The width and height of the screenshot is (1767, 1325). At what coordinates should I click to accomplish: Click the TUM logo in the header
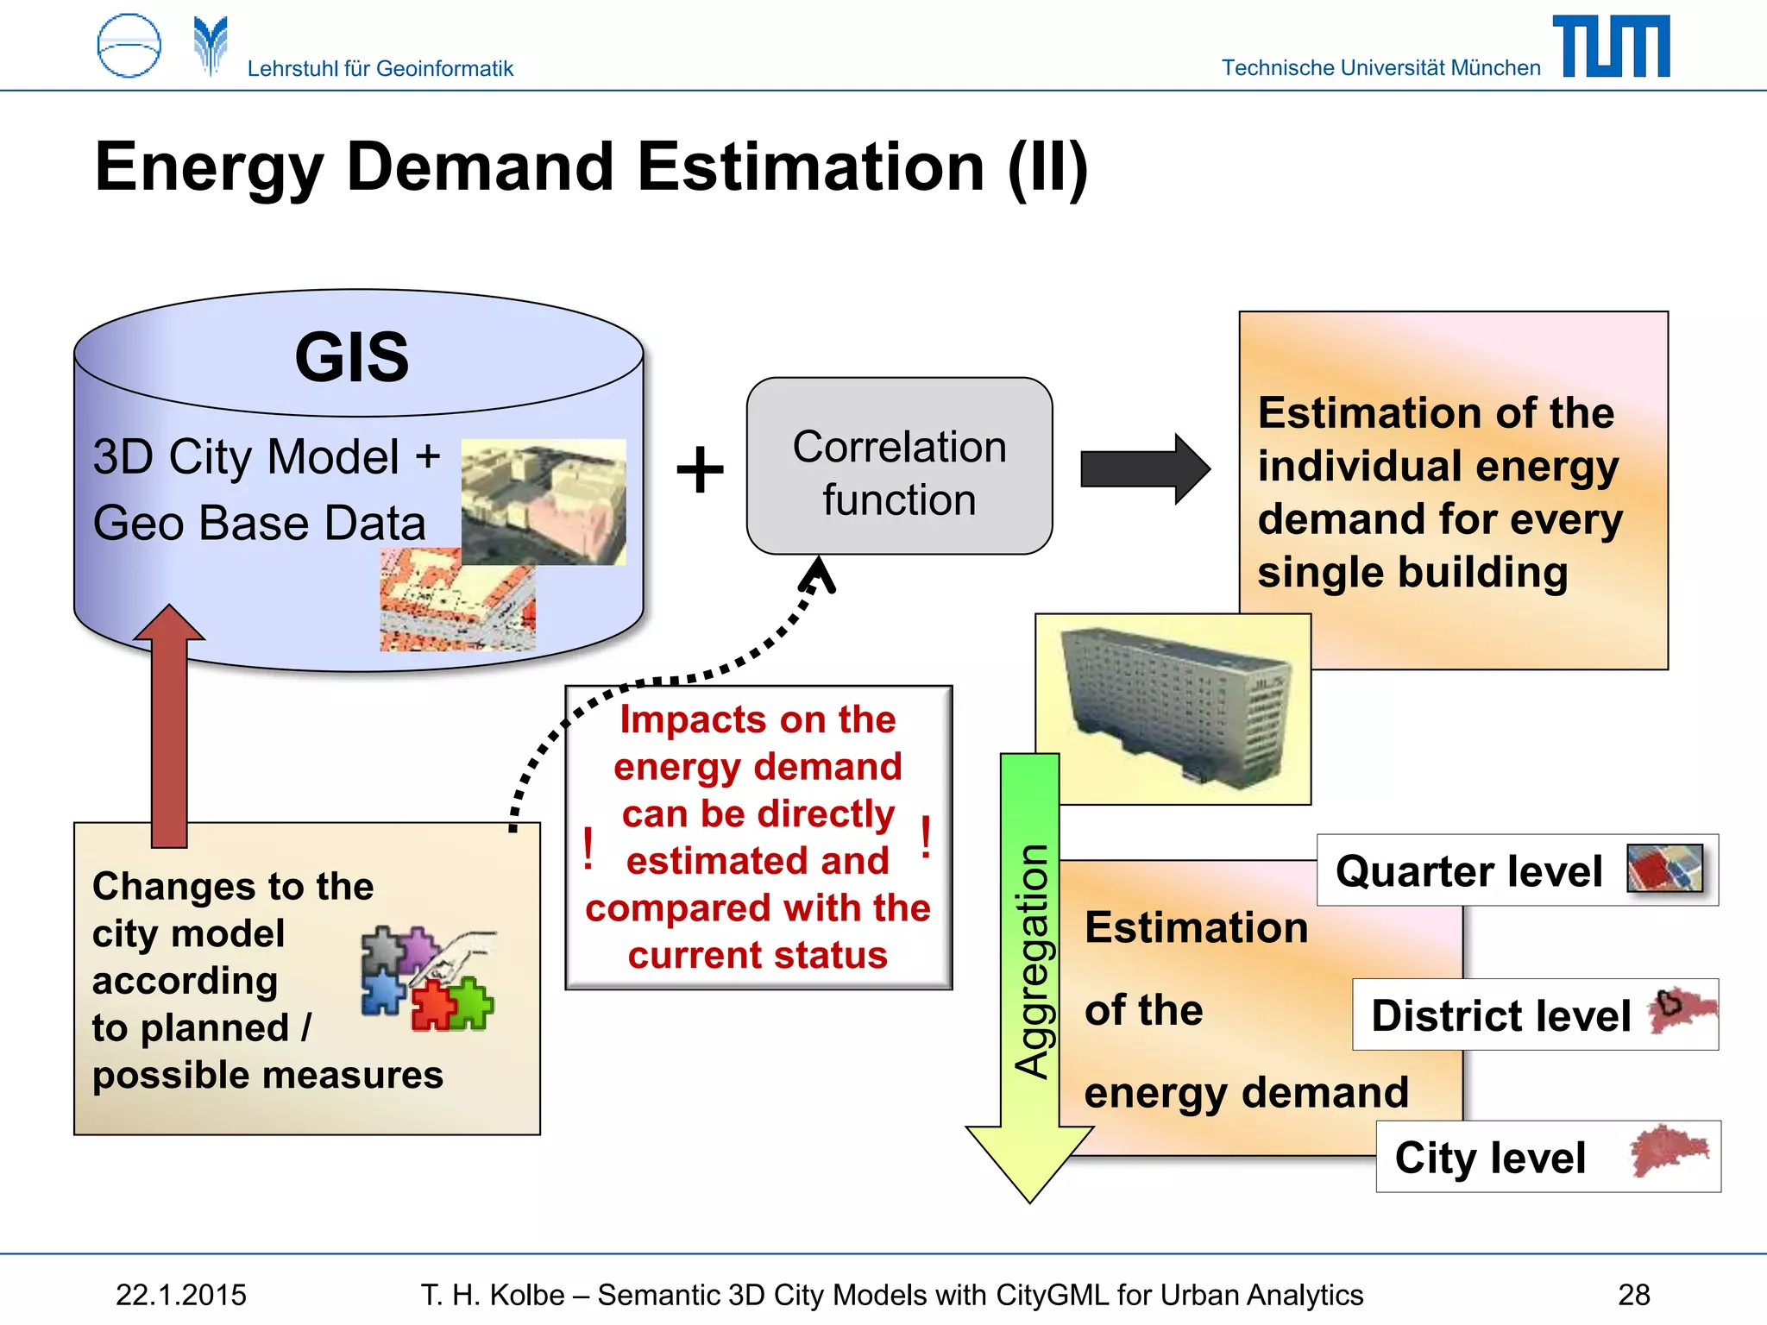click(1611, 47)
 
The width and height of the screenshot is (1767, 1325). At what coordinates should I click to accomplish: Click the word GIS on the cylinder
click(352, 357)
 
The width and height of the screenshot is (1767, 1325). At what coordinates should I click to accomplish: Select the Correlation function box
click(899, 466)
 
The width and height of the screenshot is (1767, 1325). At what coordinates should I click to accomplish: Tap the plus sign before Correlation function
click(700, 470)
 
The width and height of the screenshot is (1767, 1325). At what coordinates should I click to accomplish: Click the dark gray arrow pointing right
click(1144, 469)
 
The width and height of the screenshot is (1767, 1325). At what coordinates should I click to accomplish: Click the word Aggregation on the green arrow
click(1031, 961)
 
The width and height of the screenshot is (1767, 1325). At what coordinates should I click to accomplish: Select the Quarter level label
click(1469, 870)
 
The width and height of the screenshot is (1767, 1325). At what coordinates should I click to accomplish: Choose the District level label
click(1500, 1015)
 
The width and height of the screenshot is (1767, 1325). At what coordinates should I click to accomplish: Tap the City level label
click(1490, 1158)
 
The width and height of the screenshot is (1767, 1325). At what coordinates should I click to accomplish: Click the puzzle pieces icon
click(426, 979)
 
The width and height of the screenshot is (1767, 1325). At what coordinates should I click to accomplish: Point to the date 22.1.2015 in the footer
click(181, 1295)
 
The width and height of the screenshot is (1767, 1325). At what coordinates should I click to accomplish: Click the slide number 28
click(1633, 1295)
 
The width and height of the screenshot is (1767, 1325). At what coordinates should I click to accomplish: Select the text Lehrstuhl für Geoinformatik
click(380, 68)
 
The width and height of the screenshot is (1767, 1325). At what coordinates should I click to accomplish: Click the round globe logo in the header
click(129, 46)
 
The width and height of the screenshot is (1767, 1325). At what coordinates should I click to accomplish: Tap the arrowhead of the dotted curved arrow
click(819, 573)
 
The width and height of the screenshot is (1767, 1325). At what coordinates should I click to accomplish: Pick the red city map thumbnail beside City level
click(1669, 1151)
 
